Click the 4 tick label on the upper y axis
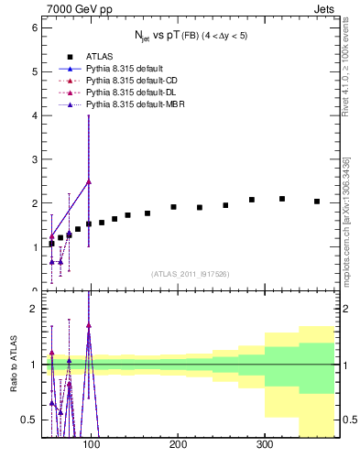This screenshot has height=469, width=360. [33, 115]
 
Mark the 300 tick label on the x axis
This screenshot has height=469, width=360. [264, 445]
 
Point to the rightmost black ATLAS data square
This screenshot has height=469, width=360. [317, 202]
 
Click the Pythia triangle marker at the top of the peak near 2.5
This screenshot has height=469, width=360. [89, 181]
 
